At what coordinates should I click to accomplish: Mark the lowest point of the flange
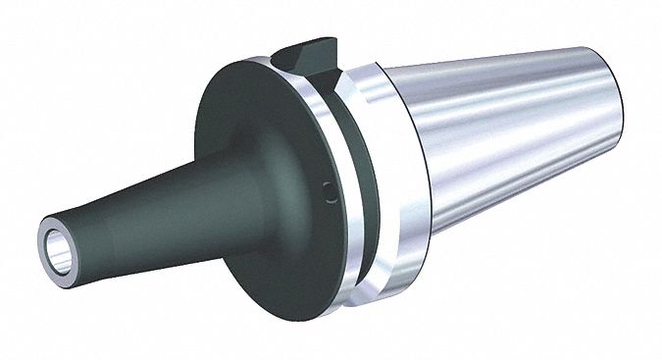tap(294, 324)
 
